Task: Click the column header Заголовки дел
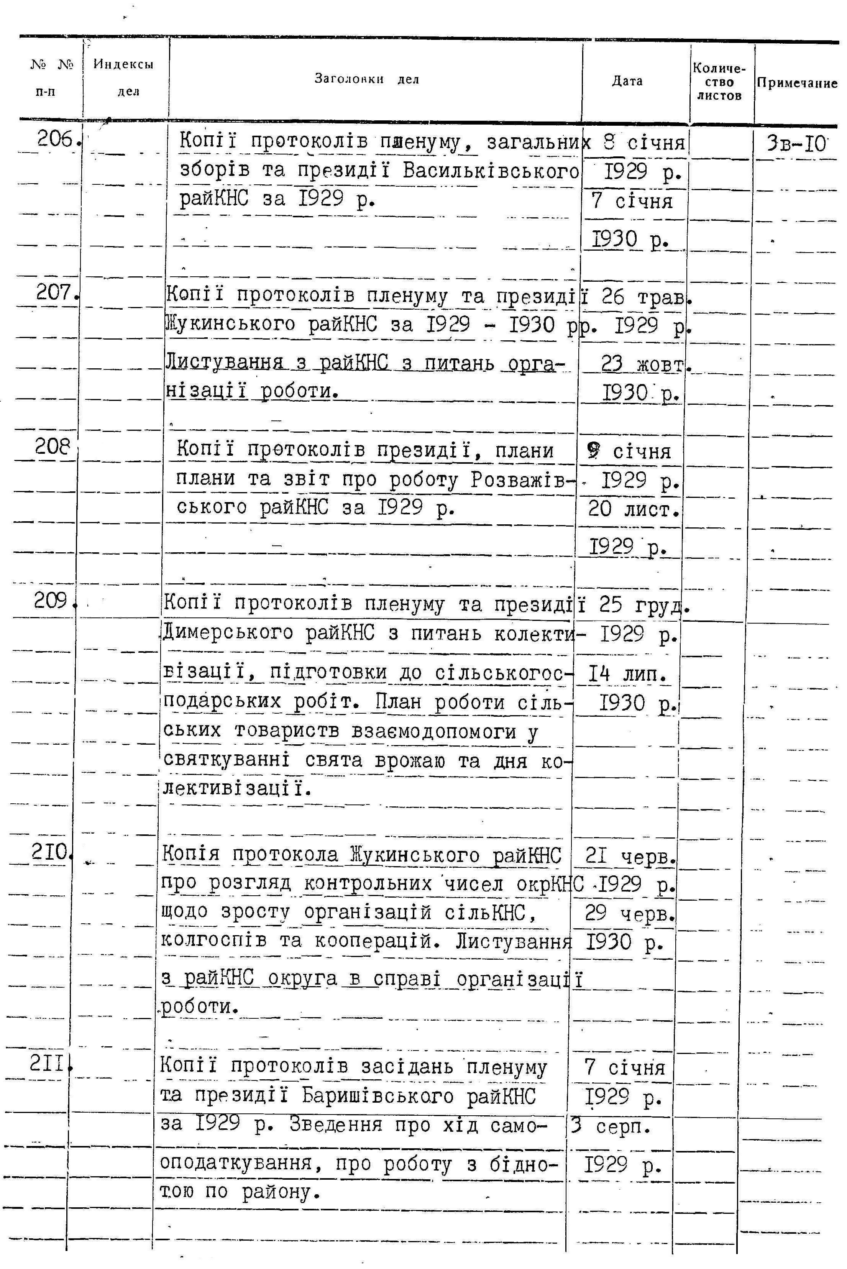367,79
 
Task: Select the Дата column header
627,81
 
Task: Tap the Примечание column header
797,83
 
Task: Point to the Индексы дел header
124,77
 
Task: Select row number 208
53,447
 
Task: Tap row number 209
52,600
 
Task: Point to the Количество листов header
719,82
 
